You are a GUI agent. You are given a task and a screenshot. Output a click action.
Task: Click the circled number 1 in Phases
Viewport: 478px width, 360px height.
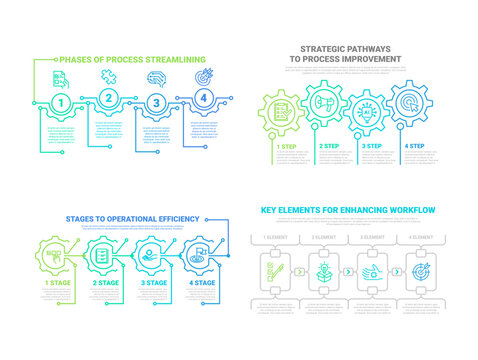[x=61, y=102]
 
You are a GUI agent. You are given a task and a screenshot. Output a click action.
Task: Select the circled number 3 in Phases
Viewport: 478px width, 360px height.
[x=155, y=102]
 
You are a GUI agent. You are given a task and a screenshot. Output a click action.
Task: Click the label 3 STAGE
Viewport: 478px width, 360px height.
[x=155, y=284]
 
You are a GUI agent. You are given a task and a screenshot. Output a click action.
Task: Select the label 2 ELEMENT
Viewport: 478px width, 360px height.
[x=324, y=236]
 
